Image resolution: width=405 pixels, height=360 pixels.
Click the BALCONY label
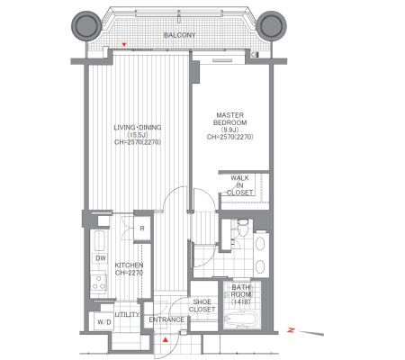[179, 35]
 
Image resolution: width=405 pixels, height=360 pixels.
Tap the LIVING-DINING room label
[138, 128]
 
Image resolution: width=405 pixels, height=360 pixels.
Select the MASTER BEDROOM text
[230, 119]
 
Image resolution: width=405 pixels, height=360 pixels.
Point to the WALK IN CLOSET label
[240, 185]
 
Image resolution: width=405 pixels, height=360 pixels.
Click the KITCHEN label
[129, 265]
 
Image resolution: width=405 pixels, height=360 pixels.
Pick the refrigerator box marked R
[142, 229]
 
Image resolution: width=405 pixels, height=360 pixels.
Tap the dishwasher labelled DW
[101, 258]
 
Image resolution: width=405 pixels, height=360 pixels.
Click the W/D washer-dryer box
[103, 321]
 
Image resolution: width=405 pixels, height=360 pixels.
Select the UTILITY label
[128, 314]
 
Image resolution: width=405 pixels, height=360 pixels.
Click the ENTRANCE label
[166, 319]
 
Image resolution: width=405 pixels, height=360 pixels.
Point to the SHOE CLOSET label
[202, 306]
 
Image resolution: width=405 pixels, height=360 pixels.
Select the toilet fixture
[242, 228]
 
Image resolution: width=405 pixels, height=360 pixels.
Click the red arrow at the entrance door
[166, 340]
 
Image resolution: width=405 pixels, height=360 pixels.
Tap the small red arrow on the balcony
[124, 45]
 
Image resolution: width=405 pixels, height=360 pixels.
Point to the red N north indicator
[291, 330]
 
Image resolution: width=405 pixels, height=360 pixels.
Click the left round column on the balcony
[86, 26]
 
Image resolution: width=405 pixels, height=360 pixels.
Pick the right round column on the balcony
[272, 26]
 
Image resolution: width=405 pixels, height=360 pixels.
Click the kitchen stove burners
[98, 282]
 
